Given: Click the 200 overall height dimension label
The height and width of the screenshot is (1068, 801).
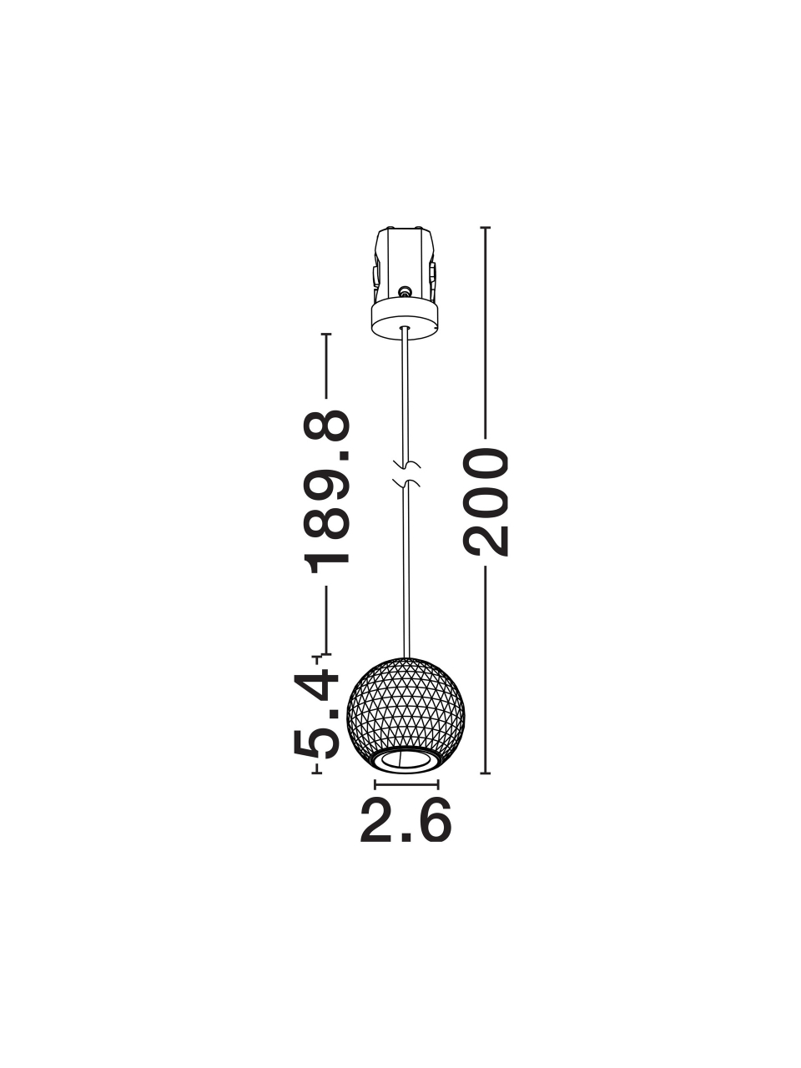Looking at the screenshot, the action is (486, 503).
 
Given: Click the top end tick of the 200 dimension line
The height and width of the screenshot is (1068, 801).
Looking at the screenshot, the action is (486, 227).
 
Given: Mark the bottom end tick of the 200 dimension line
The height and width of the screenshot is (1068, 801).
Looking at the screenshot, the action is (486, 773).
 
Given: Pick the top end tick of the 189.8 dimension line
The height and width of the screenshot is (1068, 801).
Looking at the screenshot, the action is (326, 335).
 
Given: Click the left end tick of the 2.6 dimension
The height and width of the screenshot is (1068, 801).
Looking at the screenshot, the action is (375, 784).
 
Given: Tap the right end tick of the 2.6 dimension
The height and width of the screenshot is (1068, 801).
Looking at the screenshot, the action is (438, 784).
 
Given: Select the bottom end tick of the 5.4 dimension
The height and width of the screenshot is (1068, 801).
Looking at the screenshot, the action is (316, 773).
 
